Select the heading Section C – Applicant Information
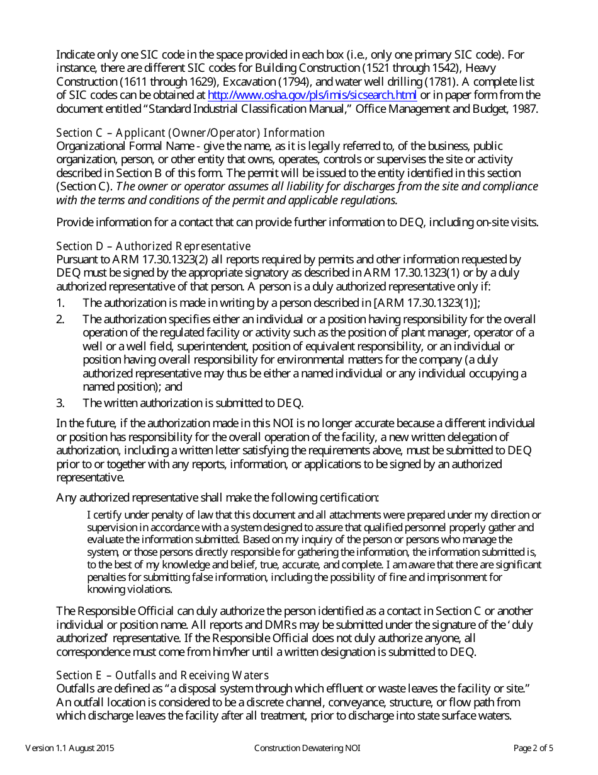click(x=190, y=133)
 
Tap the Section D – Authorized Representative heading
click(x=153, y=246)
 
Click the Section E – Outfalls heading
click(x=162, y=675)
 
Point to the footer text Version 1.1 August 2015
click(x=70, y=749)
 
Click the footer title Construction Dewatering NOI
click(x=307, y=749)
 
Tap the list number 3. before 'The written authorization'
click(x=60, y=403)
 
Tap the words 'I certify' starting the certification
click(x=101, y=515)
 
